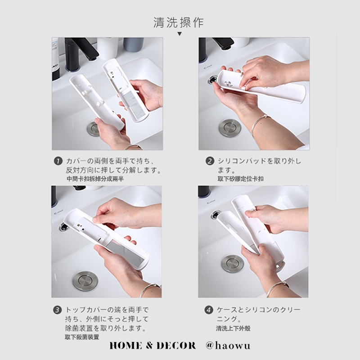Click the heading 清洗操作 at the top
click(178, 22)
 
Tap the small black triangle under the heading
click(180, 34)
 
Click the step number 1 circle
click(58, 161)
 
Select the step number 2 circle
click(210, 161)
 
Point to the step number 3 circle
click(58, 310)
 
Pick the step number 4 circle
click(209, 310)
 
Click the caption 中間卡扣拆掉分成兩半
click(95, 179)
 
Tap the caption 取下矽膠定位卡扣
click(240, 179)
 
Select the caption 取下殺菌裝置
click(82, 337)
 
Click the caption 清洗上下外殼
click(233, 328)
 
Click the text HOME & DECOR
click(153, 346)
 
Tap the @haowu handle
click(228, 346)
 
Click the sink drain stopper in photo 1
click(92, 129)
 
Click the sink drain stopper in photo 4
click(233, 264)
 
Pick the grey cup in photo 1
click(133, 45)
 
